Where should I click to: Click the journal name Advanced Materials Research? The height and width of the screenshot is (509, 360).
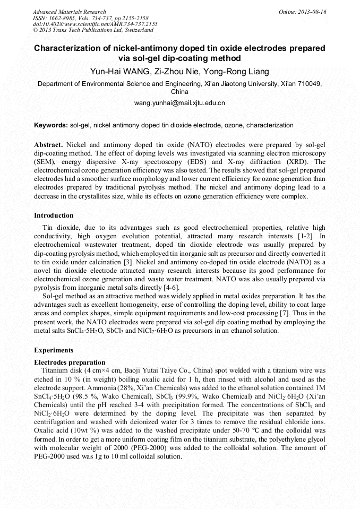click(69, 12)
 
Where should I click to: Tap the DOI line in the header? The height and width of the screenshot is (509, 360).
click(95, 24)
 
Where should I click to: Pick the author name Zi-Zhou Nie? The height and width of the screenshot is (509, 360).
click(179, 72)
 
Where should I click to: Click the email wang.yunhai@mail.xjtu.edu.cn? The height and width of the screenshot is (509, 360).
click(179, 102)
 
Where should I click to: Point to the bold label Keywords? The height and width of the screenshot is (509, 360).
click(51, 125)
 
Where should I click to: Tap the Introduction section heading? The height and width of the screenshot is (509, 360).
click(54, 215)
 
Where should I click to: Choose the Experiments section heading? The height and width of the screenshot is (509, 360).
click(54, 350)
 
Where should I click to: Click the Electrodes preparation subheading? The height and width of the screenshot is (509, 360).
click(70, 363)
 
